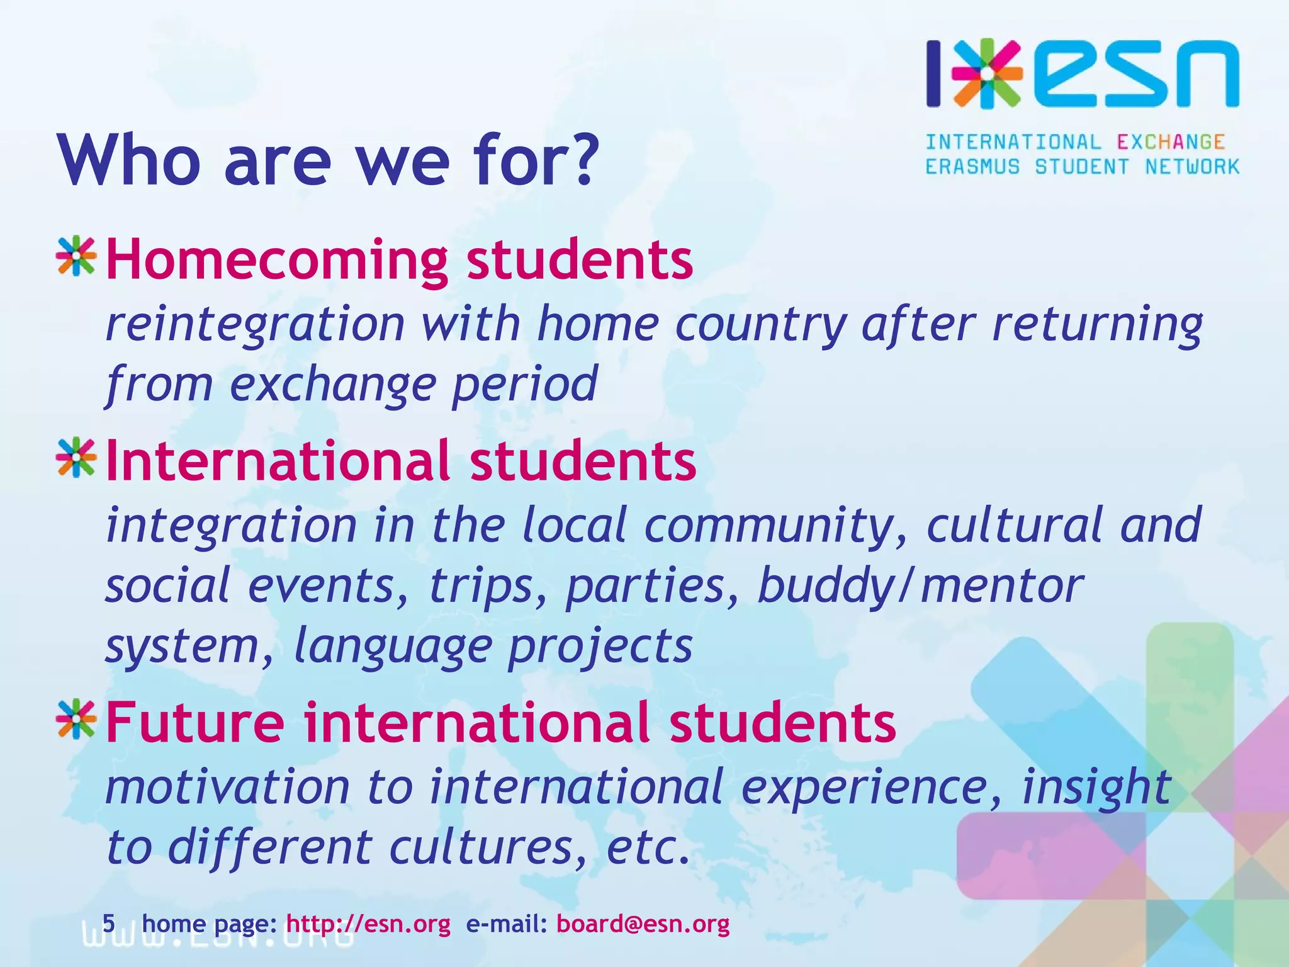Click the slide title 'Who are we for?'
click(x=327, y=160)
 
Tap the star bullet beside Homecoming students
click(x=76, y=256)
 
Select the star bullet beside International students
click(x=76, y=458)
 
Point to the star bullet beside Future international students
click(x=76, y=719)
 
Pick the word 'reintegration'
click(x=255, y=324)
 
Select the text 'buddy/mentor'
click(x=920, y=585)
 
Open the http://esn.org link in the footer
click(x=368, y=924)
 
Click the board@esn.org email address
click(x=643, y=924)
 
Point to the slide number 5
click(x=109, y=924)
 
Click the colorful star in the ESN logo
click(x=987, y=74)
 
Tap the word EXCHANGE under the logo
click(x=1171, y=142)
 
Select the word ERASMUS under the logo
click(x=972, y=167)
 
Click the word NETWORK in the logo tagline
click(x=1192, y=167)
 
